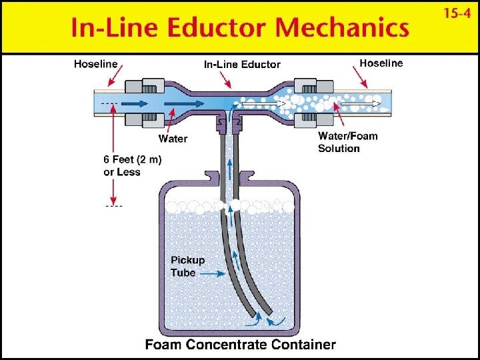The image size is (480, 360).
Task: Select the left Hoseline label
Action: (x=95, y=64)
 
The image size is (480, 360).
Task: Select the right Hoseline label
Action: (x=381, y=63)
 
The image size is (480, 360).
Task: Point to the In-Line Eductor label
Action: (x=242, y=65)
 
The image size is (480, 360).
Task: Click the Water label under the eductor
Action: (x=173, y=139)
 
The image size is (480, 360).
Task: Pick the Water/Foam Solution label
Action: (x=347, y=142)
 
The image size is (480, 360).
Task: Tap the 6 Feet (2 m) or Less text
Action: (x=132, y=165)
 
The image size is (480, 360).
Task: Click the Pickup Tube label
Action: (x=187, y=266)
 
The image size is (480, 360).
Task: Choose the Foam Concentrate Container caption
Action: (x=241, y=345)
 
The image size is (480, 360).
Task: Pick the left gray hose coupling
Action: (x=149, y=103)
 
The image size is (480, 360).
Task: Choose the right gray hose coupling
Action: (x=307, y=103)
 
